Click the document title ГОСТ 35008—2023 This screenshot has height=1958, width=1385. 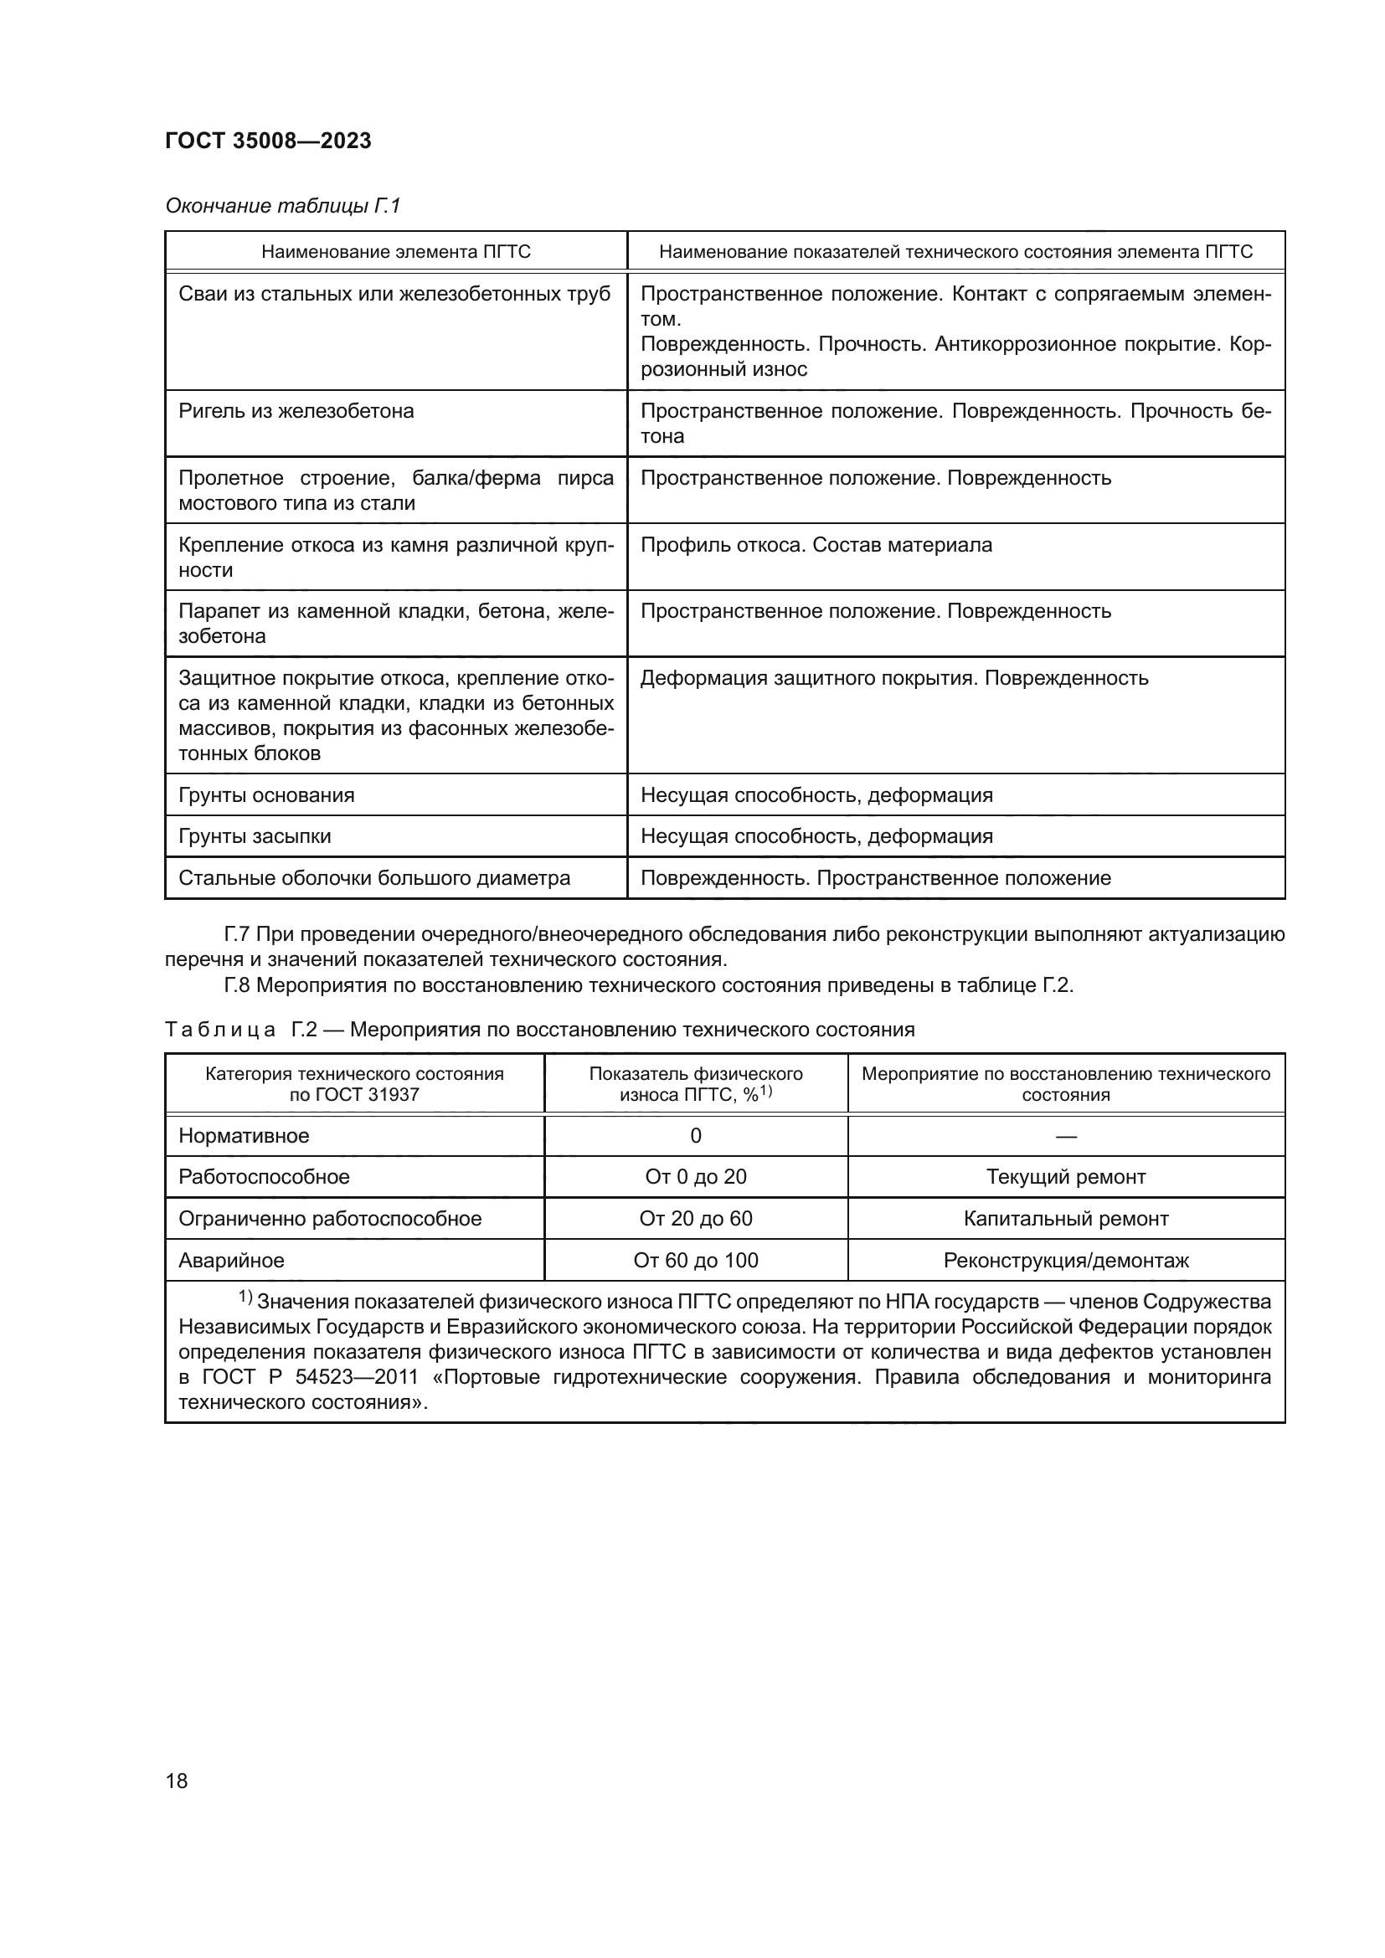click(x=268, y=141)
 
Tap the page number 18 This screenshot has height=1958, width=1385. click(x=177, y=1781)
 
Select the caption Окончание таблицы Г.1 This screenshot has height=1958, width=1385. click(x=282, y=206)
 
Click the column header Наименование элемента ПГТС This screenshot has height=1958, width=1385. click(x=396, y=252)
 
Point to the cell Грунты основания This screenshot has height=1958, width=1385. click(x=266, y=794)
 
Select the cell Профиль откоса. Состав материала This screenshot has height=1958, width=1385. click(x=816, y=545)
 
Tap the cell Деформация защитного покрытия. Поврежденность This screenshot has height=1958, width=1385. click(x=893, y=678)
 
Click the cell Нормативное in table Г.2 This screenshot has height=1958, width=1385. click(x=243, y=1136)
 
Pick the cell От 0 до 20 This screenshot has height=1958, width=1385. click(x=695, y=1177)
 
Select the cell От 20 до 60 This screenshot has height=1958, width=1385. click(x=695, y=1219)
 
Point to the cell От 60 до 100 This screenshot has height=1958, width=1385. click(x=695, y=1261)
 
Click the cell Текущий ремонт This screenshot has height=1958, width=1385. click(x=1065, y=1177)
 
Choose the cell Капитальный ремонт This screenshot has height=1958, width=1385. click(x=1065, y=1219)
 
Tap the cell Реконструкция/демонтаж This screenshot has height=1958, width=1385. click(x=1065, y=1261)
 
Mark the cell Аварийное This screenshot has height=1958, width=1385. click(x=231, y=1261)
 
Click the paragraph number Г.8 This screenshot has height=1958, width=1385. click(x=236, y=985)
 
